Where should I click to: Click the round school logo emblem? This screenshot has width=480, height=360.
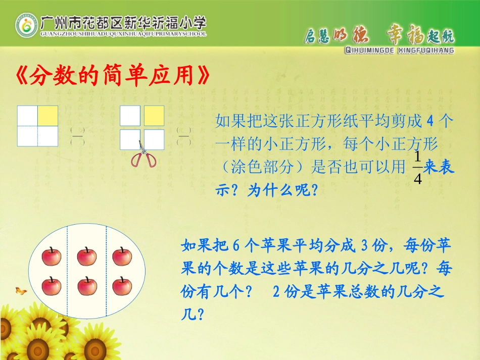26,26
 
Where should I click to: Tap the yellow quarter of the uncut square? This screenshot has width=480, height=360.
48,115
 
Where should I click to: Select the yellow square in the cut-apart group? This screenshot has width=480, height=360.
154,115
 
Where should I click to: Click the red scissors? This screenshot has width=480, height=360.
143,156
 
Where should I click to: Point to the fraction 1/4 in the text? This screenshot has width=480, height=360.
417,168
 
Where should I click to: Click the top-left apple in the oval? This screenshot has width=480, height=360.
51,256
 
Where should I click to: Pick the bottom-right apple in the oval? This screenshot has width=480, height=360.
122,286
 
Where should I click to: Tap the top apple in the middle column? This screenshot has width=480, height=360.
87,256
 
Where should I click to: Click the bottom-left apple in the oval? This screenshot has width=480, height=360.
51,286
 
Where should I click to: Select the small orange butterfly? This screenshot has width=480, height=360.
21,290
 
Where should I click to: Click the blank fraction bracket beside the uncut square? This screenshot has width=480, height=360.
77,136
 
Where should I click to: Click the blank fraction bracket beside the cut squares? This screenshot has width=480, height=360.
184,136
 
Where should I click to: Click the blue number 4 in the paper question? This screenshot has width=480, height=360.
430,121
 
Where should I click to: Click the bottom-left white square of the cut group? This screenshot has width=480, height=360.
130,139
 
